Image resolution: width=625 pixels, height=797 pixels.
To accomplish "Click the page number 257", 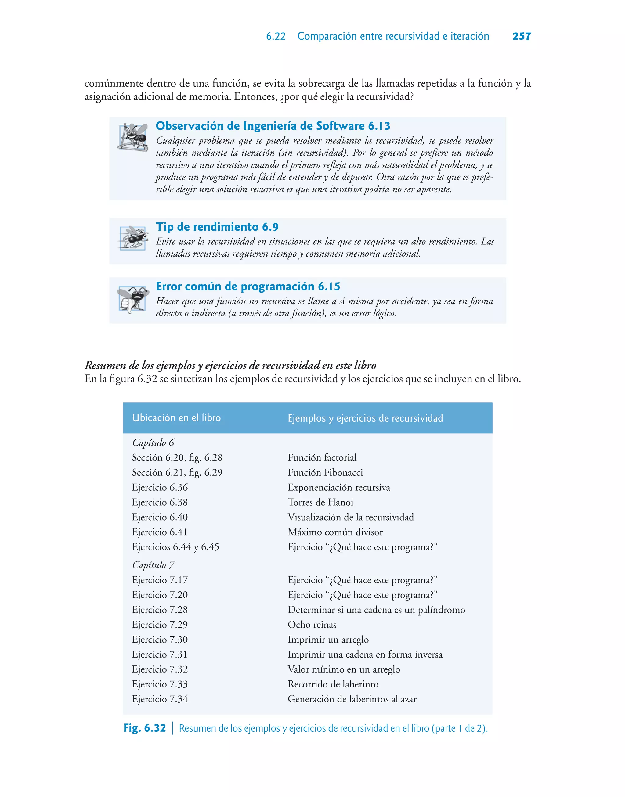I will (x=522, y=36).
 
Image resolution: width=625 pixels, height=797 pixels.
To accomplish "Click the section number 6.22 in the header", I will (x=276, y=36).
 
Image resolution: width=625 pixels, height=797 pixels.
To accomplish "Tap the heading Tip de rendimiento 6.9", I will (x=217, y=227).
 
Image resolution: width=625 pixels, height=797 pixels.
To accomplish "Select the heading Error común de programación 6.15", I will (x=248, y=287).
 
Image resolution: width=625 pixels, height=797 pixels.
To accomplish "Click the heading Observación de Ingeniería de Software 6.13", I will (x=273, y=126).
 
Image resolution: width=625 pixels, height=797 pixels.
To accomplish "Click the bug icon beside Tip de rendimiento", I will (x=133, y=238).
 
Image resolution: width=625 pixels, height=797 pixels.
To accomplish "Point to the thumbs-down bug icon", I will (x=133, y=299).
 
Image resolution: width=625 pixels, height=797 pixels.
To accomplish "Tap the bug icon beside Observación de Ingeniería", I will (x=132, y=137).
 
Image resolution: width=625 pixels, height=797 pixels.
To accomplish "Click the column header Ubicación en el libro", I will (x=176, y=418).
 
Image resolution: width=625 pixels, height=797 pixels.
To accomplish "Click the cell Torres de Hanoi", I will (x=320, y=502).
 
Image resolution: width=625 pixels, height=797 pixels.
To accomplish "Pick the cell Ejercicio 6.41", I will (x=160, y=532).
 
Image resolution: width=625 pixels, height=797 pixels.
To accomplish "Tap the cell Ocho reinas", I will (x=312, y=624).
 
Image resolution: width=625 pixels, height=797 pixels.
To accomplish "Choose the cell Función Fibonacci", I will (x=325, y=473).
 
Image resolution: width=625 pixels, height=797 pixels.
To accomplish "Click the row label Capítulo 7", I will (x=153, y=565).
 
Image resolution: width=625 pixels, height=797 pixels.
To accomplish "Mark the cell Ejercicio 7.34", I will (x=160, y=699).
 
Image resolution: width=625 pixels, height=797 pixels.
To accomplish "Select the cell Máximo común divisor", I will (x=335, y=532).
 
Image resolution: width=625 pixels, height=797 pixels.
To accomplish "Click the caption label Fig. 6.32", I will (x=145, y=728).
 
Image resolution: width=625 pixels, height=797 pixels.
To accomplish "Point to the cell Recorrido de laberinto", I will (x=333, y=684).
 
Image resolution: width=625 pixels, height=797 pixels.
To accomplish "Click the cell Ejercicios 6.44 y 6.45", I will (x=175, y=547).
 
